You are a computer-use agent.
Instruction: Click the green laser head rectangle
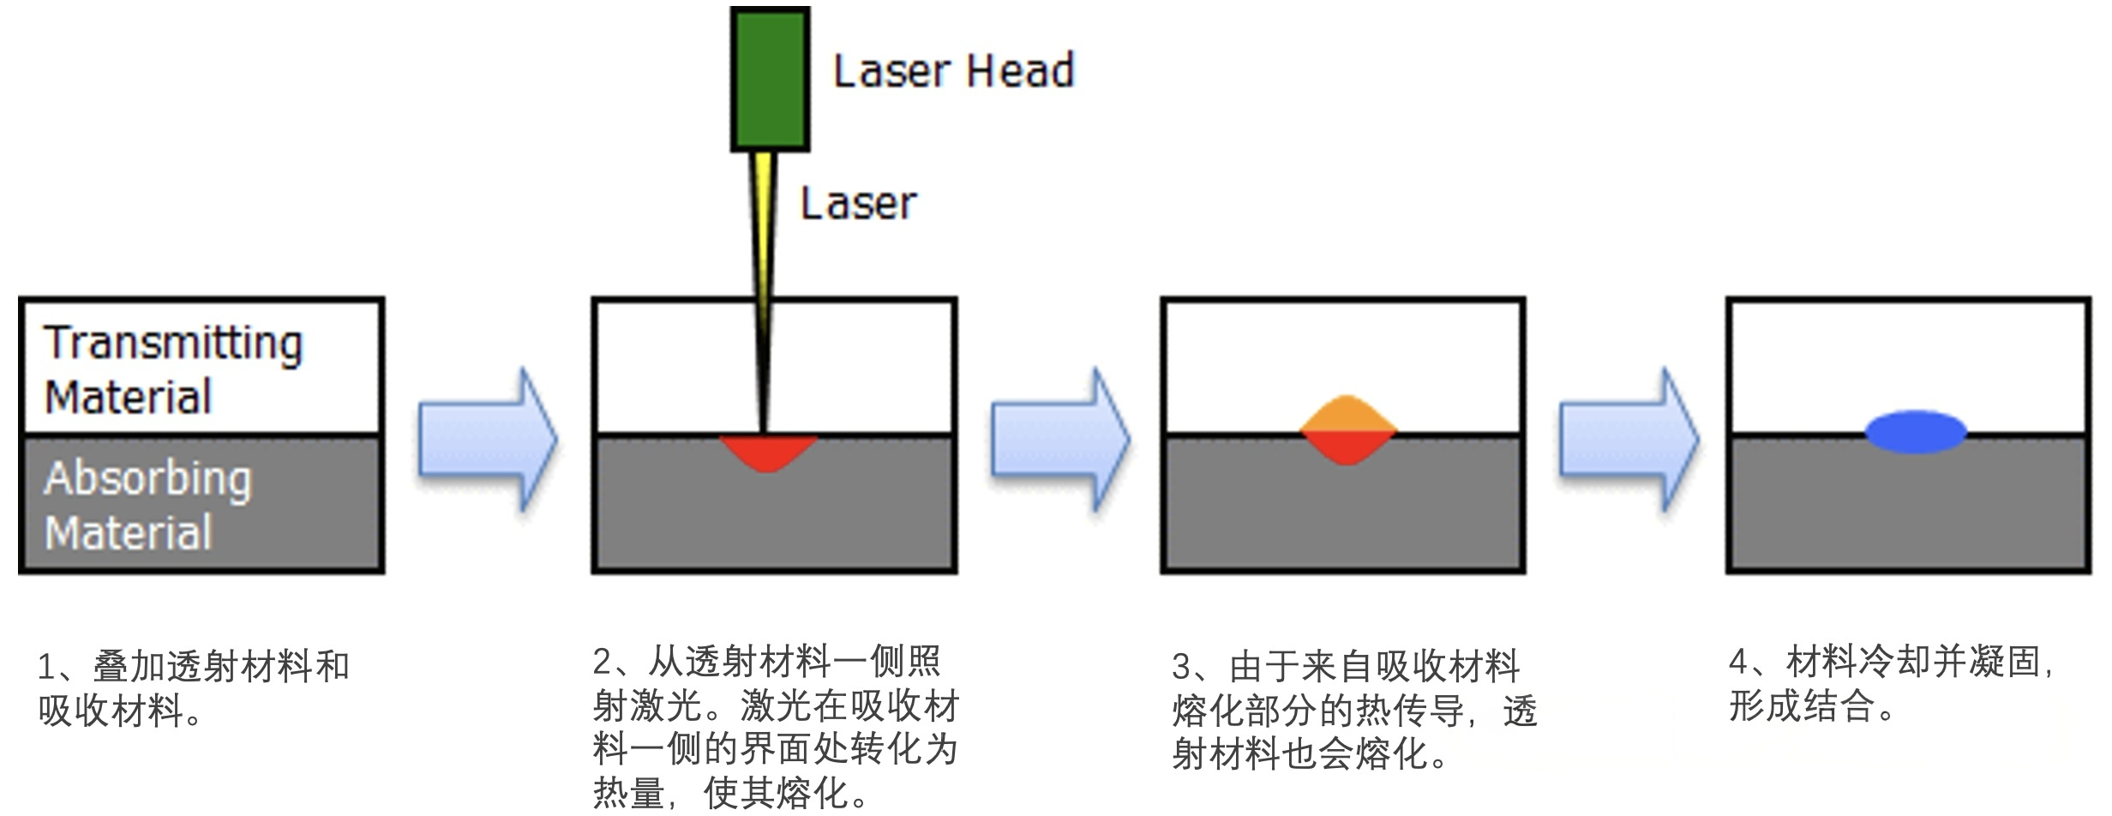pos(770,79)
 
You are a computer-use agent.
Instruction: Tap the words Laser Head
pos(953,70)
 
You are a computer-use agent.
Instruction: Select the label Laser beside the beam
pos(858,204)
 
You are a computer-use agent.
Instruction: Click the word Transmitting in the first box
pos(173,344)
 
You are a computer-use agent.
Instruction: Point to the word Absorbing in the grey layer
pos(148,479)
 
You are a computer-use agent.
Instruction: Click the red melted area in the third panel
pos(1347,447)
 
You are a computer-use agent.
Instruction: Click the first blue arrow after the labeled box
pos(488,440)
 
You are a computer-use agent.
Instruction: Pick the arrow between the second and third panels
pos(1060,440)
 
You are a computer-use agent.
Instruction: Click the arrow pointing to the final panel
pos(1629,440)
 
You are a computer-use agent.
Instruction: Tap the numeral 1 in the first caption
pos(47,667)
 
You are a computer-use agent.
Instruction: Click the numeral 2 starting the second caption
pos(603,662)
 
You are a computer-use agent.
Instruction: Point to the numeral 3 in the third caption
pos(1182,667)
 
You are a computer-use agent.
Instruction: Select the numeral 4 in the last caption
pos(1739,662)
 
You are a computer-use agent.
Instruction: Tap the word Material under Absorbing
pos(129,533)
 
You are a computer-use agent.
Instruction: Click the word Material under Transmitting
pos(129,398)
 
